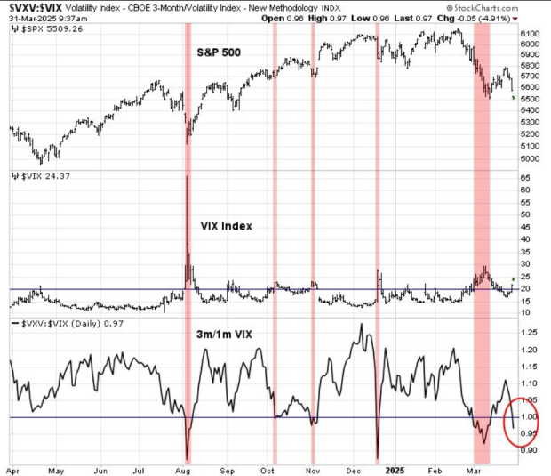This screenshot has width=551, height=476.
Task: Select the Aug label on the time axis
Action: click(x=187, y=467)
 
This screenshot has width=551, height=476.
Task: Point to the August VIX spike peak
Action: click(x=187, y=176)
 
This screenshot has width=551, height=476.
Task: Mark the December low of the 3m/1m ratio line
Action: click(x=378, y=456)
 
